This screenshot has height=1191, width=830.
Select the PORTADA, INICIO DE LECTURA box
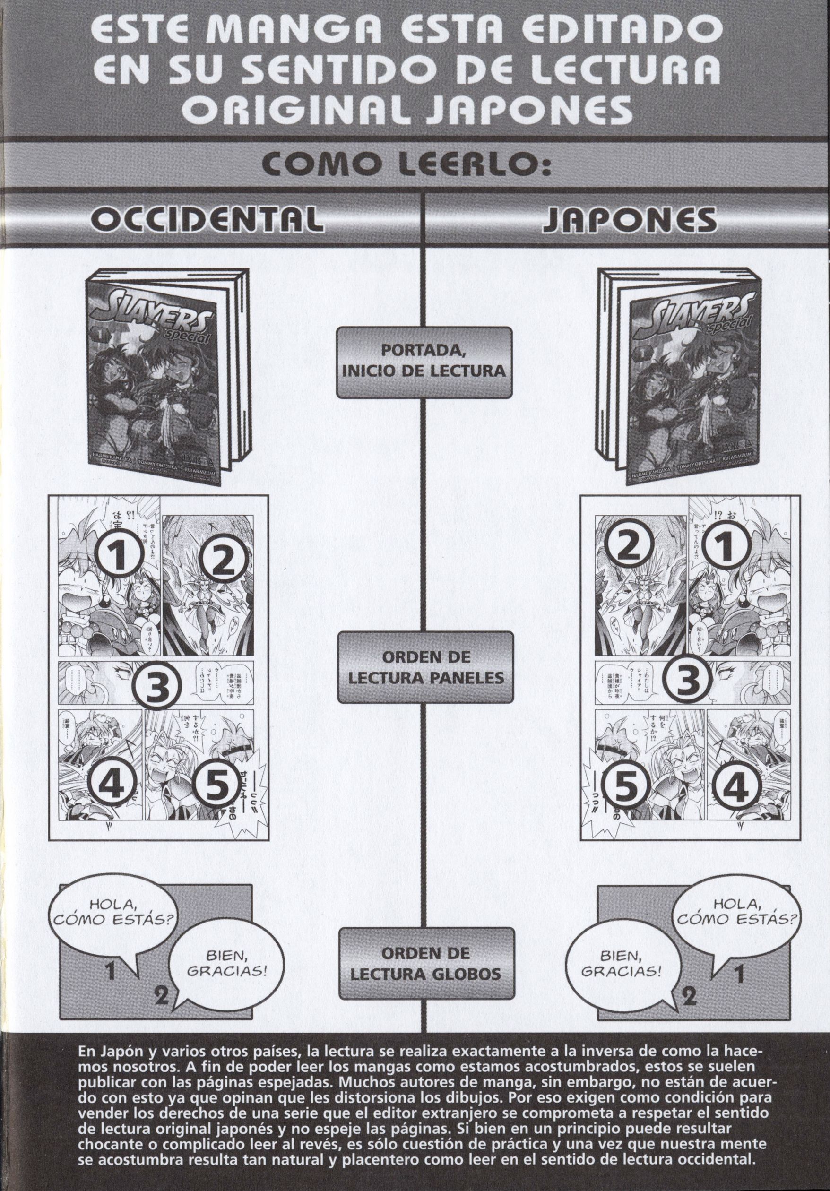click(424, 362)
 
